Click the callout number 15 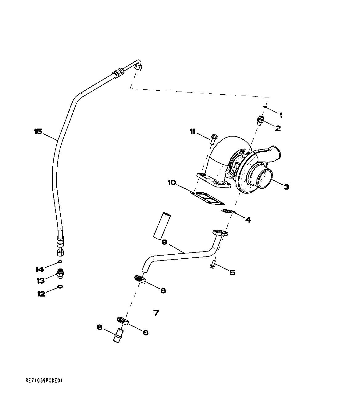click(x=38, y=132)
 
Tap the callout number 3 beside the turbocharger click(x=286, y=187)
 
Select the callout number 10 click(x=172, y=183)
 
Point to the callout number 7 click(x=156, y=313)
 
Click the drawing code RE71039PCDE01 click(x=44, y=381)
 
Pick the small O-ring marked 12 click(x=60, y=287)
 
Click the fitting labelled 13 click(x=60, y=273)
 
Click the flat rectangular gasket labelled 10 click(x=207, y=198)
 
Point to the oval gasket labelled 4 click(x=228, y=211)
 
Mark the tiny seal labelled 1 click(x=265, y=107)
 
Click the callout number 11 click(x=192, y=132)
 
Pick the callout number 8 click(x=99, y=327)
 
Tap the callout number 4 click(x=248, y=220)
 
